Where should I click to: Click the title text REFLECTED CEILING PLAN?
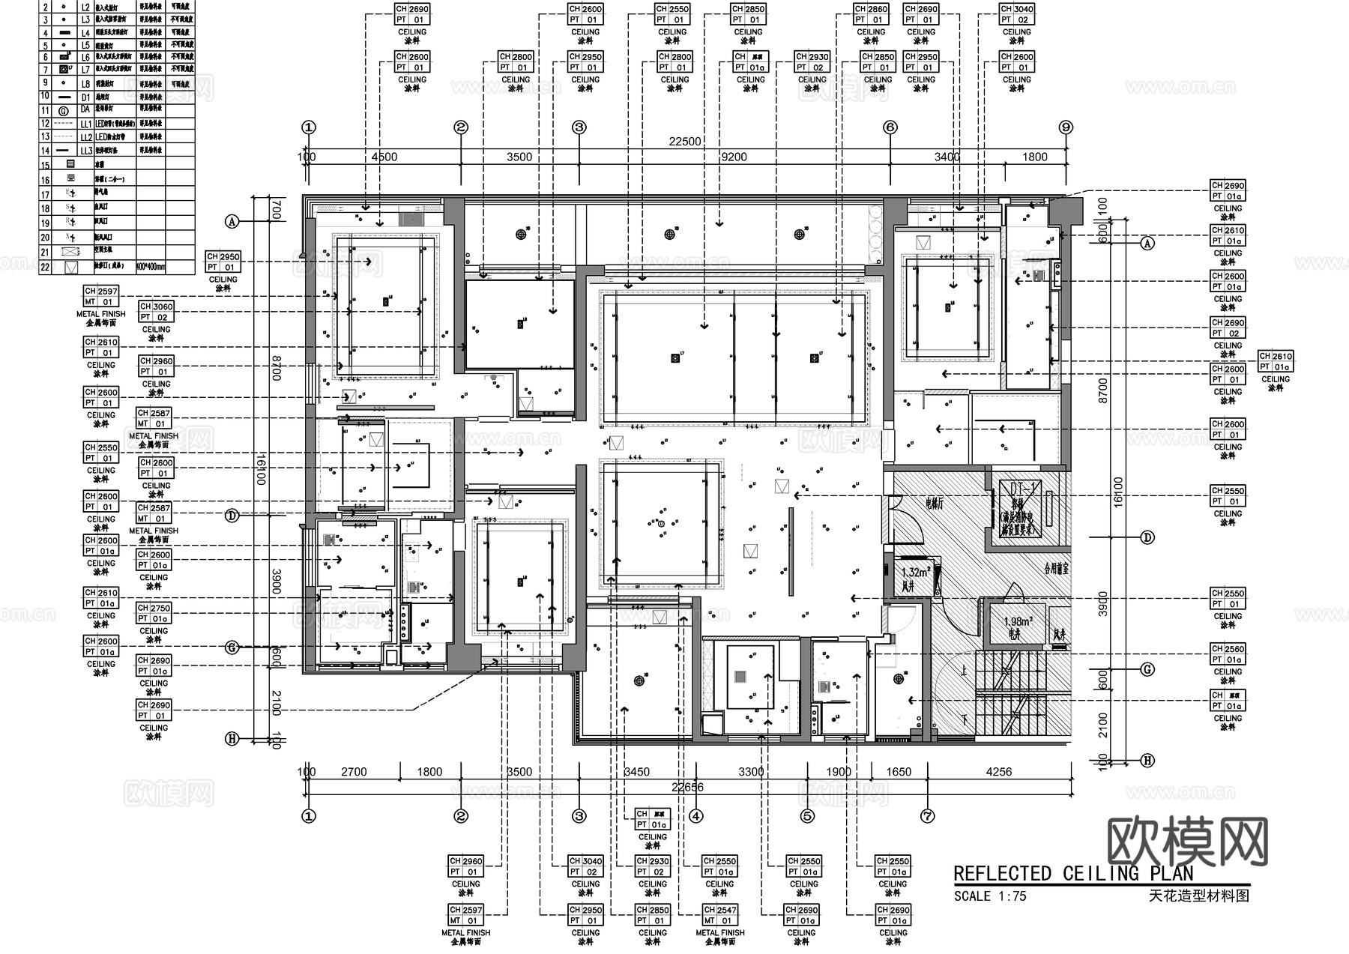point(1073,874)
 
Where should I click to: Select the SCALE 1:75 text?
point(990,896)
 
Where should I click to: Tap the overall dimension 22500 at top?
point(684,142)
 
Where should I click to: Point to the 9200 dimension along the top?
point(733,157)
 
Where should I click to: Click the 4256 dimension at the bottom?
point(998,772)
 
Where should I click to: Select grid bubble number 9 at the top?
point(1066,127)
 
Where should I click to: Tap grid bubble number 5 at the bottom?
point(807,816)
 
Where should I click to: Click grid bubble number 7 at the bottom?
point(927,816)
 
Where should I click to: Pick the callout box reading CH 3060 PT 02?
point(156,312)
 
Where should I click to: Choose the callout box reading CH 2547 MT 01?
point(719,915)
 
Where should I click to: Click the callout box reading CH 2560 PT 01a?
point(1228,654)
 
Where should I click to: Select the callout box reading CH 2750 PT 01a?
point(154,613)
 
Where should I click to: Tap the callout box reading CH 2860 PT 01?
point(871,14)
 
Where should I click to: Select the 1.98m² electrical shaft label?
point(1018,622)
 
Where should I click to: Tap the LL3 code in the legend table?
point(86,151)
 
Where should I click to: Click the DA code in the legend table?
point(85,109)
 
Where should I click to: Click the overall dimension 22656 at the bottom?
point(687,787)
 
